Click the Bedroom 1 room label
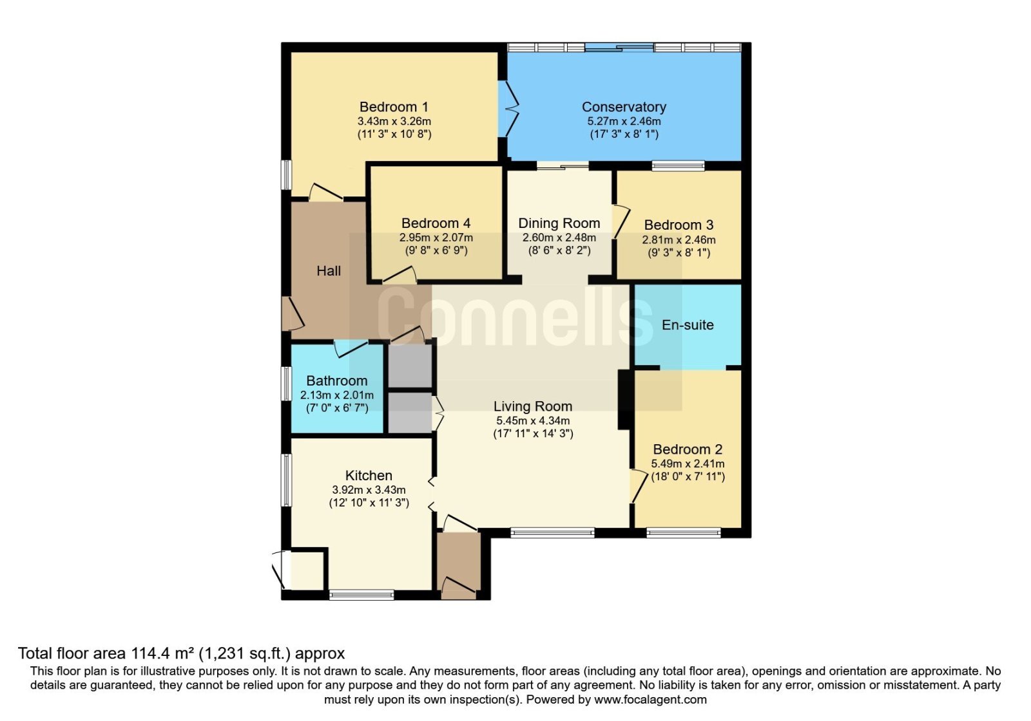point(394,107)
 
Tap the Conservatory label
point(624,107)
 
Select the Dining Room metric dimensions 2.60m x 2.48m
point(559,238)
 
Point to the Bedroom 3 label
point(679,225)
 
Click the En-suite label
point(688,324)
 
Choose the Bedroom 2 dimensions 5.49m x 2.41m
point(688,464)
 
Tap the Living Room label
point(533,406)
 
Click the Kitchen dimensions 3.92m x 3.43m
point(369,490)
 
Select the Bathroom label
point(337,380)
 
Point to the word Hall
point(329,271)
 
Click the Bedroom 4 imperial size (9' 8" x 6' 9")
point(436,250)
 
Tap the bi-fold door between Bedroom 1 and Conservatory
point(509,109)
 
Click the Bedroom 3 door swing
point(621,221)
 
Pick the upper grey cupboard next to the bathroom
point(410,366)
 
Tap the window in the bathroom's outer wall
point(286,384)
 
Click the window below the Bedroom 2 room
point(684,533)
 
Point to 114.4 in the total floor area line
point(149,653)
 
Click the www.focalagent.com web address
point(650,700)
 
